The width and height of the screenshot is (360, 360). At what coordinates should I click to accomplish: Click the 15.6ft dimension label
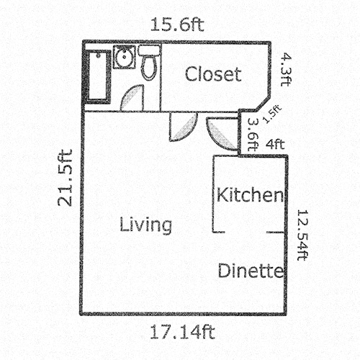coord(177,24)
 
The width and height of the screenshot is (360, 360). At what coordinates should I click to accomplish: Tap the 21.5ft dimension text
coord(66,177)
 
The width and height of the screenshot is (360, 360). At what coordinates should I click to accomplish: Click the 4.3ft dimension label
coord(286,68)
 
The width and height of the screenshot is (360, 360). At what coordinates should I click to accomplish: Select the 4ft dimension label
coord(274,144)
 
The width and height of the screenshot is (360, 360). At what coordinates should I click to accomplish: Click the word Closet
coord(212,74)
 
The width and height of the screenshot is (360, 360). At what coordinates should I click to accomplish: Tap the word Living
coord(146,225)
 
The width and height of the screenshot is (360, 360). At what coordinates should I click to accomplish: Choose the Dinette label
coord(250,271)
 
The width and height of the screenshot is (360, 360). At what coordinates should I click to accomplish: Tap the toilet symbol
coord(148,63)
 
